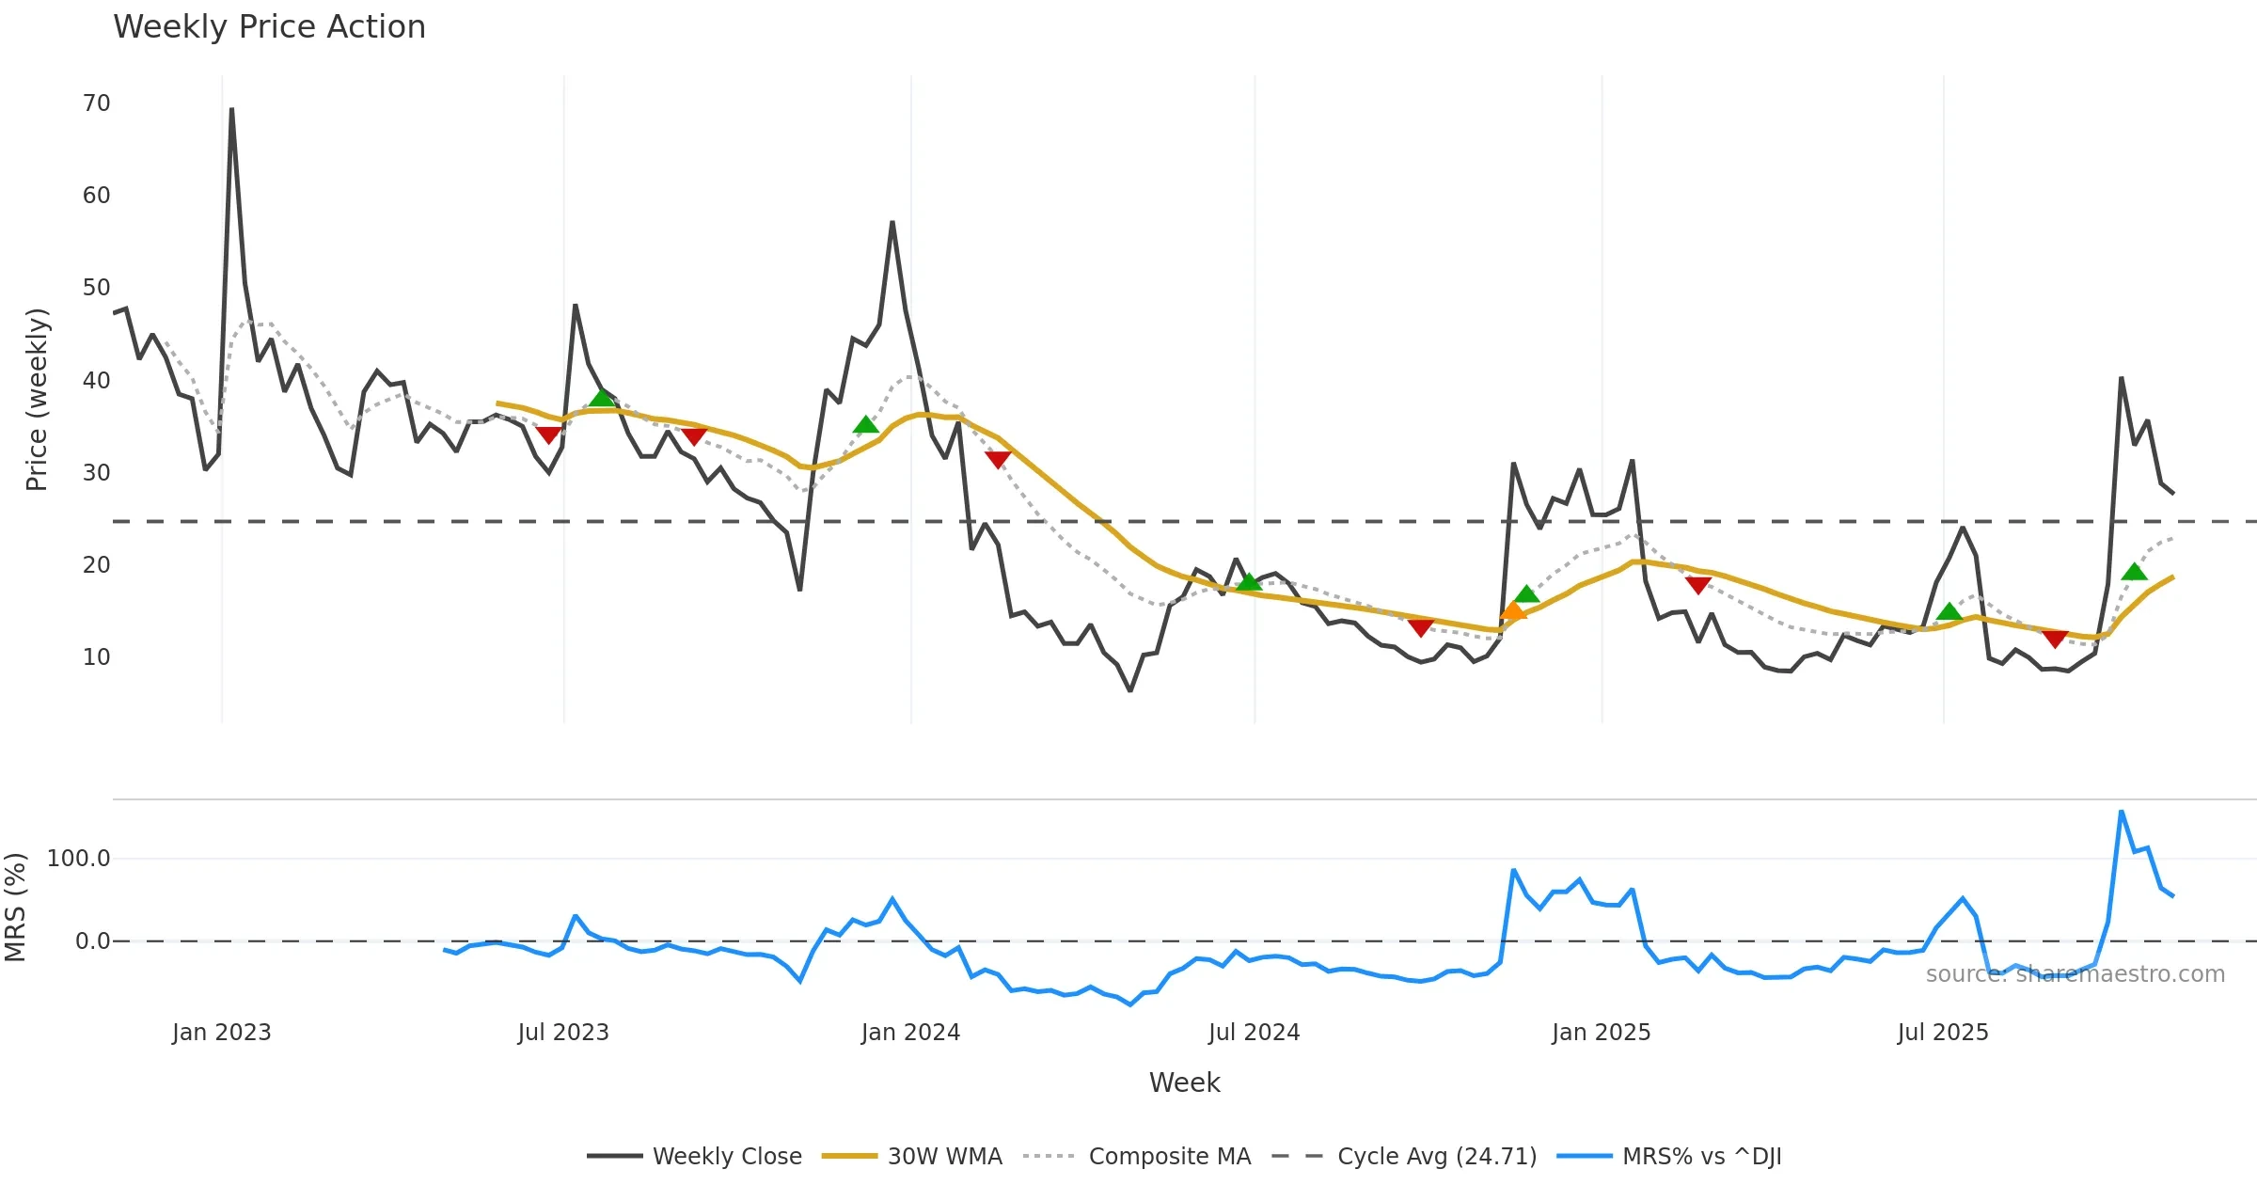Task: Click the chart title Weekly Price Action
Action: click(x=269, y=27)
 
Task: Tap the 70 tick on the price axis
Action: click(x=97, y=103)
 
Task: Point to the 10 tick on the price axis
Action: click(x=97, y=657)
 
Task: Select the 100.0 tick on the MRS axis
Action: click(x=79, y=859)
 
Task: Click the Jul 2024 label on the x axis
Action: click(x=1254, y=1033)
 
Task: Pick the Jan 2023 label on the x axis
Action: click(x=222, y=1033)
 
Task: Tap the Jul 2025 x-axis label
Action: click(x=1943, y=1033)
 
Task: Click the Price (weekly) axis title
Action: click(x=37, y=400)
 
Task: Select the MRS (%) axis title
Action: click(x=15, y=908)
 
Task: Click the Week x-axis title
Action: click(x=1184, y=1083)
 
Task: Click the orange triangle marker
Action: click(x=1512, y=611)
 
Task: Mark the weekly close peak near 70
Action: click(x=231, y=109)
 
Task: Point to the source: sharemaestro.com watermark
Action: click(x=2075, y=974)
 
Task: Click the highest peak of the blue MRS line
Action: click(x=2122, y=811)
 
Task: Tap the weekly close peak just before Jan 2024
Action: click(x=892, y=223)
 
